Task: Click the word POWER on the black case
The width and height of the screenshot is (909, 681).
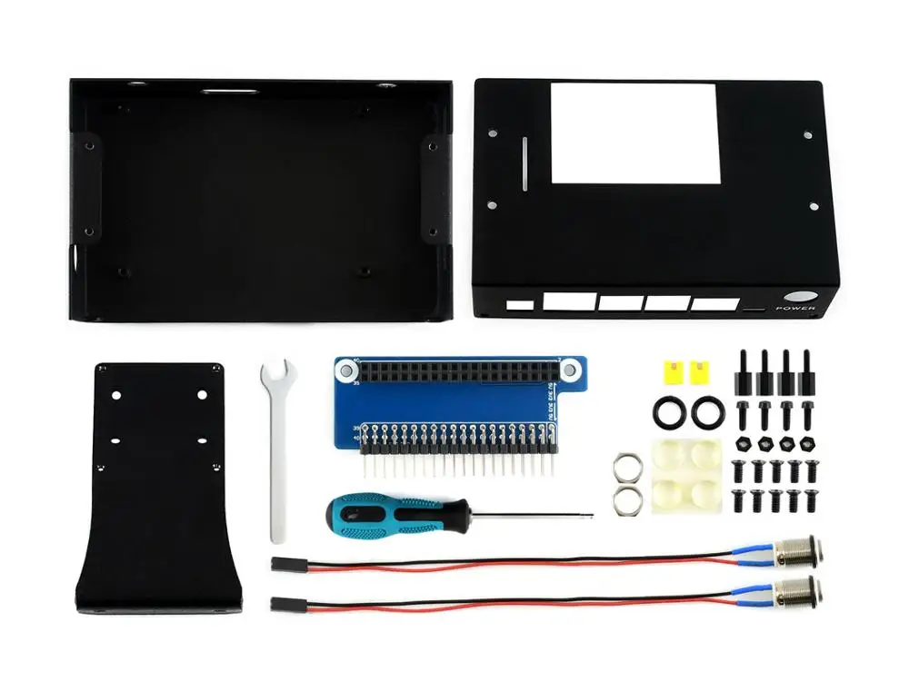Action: [795, 309]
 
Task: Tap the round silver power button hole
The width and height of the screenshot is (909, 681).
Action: [800, 297]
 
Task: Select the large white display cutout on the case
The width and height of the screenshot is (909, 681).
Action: [634, 134]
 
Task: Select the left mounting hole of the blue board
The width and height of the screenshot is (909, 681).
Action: [346, 370]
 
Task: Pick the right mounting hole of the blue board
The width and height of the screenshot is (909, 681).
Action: [570, 370]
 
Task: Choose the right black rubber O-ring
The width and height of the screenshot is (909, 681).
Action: [704, 412]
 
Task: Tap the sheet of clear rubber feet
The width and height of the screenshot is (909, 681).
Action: [685, 476]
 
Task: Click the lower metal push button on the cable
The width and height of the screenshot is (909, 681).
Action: [805, 587]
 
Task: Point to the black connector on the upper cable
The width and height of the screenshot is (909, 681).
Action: [287, 564]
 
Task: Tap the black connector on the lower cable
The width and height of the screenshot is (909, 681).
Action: [287, 603]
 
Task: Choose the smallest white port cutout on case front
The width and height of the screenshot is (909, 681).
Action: [520, 305]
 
